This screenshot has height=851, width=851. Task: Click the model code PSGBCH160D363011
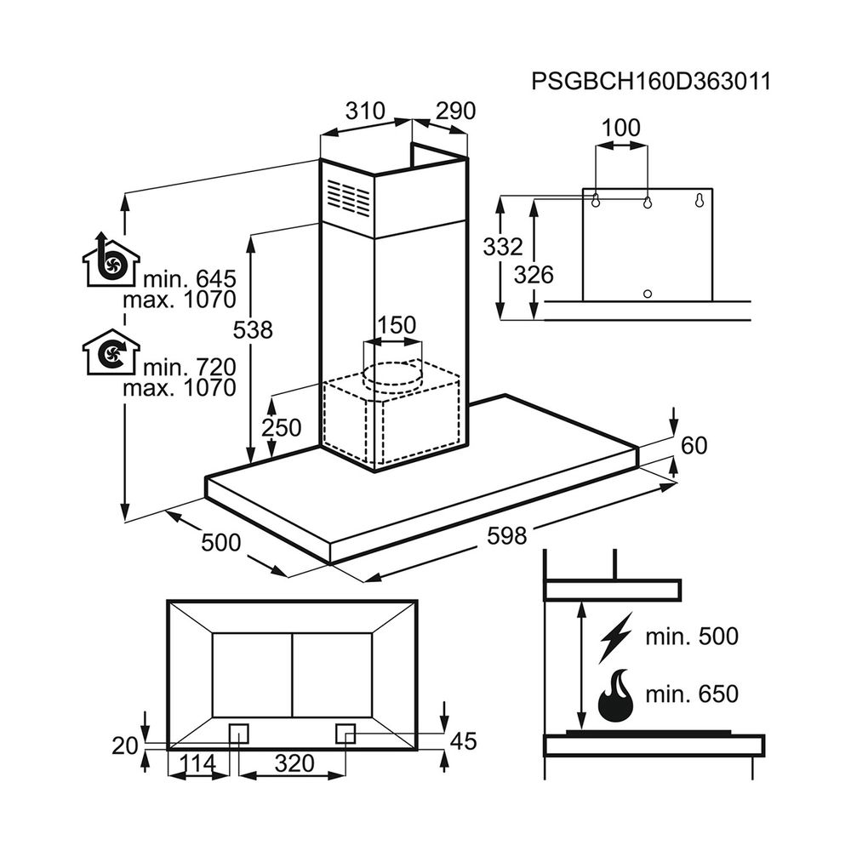pos(650,82)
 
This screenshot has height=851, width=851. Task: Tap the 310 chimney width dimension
pos(366,111)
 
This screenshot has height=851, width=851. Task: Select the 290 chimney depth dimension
pos(455,111)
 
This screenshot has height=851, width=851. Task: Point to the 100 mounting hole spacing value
pos(620,129)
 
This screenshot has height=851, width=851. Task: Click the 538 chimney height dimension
pos(254,329)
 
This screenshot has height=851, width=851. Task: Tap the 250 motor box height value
pos(281,428)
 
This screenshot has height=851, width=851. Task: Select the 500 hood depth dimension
pos(220,542)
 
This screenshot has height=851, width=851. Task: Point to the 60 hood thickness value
pos(694,445)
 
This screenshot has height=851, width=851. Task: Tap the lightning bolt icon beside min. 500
pos(615,637)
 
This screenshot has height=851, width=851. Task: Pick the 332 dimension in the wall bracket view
pos(502,248)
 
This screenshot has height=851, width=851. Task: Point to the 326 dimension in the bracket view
pos(534,274)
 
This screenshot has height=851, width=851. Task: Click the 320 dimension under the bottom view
pos(294,763)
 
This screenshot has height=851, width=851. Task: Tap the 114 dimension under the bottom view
pos(198,763)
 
